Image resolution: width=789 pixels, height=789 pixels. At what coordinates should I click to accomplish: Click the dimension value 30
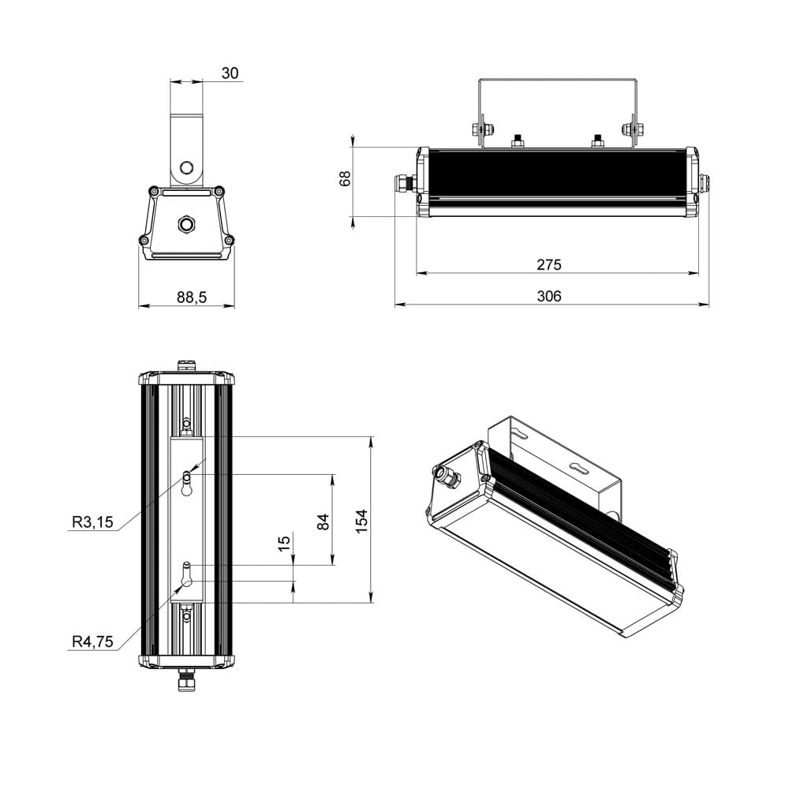[230, 73]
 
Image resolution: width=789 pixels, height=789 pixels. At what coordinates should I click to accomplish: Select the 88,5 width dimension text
[192, 297]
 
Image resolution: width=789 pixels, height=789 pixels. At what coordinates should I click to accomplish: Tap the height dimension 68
[345, 178]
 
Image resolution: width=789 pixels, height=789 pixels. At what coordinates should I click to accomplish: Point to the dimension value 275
[549, 265]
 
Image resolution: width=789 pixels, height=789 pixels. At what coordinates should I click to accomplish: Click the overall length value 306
[549, 296]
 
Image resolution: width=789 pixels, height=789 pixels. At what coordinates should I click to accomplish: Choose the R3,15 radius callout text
[92, 522]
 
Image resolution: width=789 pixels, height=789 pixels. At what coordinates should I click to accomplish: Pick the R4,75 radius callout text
[92, 642]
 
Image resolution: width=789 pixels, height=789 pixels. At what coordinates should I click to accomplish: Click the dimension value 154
[362, 521]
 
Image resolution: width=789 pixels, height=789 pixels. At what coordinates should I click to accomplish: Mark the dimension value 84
[323, 521]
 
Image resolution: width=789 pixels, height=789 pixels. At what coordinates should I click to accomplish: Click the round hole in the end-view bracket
[187, 167]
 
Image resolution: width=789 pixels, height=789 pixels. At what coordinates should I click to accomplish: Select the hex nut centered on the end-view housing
[187, 225]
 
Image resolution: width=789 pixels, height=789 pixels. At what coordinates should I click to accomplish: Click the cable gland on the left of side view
[404, 182]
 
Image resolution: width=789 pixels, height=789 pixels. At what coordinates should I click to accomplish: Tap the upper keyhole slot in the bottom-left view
[187, 483]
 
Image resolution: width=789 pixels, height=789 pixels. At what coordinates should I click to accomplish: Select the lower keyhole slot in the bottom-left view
[187, 574]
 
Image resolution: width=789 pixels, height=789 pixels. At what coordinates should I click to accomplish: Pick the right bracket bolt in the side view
[631, 129]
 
